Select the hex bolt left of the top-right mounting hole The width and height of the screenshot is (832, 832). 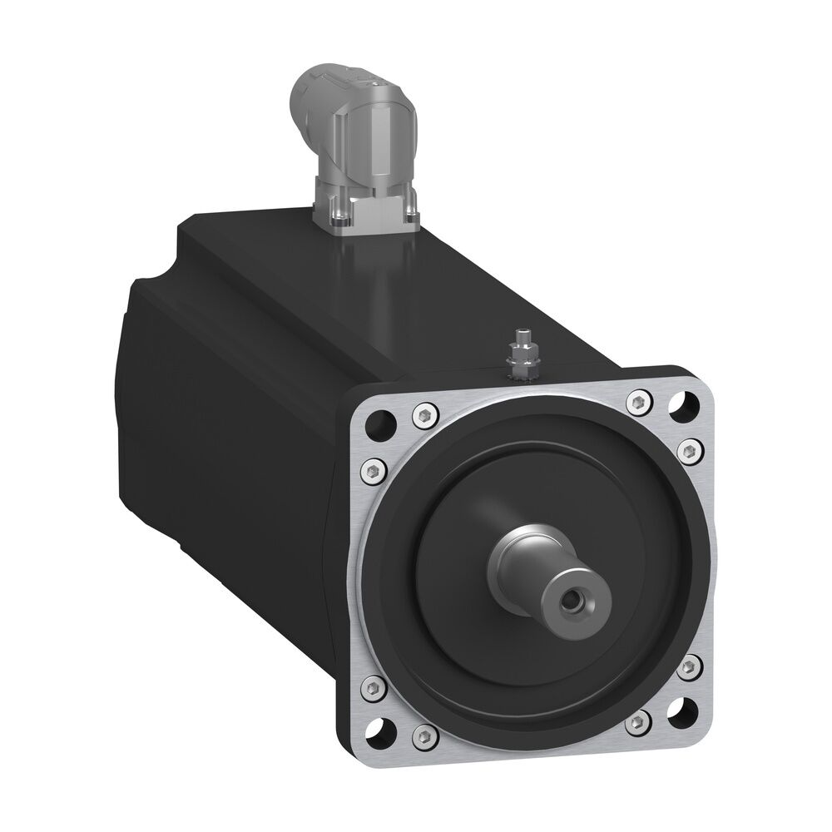point(639,401)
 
